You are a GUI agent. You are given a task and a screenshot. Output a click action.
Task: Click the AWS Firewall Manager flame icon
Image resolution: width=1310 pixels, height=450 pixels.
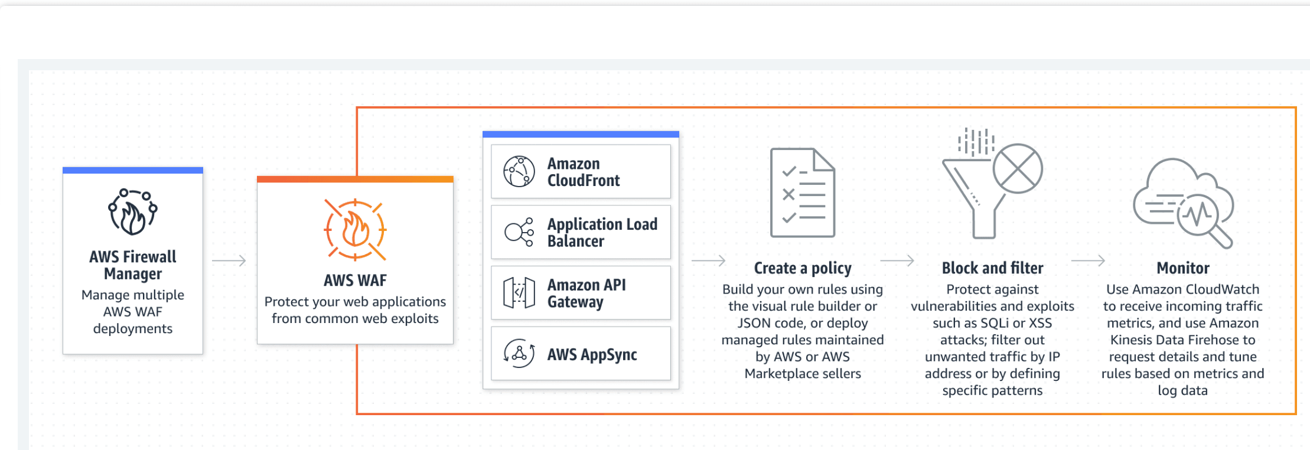(x=133, y=212)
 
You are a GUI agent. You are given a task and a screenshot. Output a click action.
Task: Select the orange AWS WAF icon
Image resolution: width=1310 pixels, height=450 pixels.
(x=355, y=230)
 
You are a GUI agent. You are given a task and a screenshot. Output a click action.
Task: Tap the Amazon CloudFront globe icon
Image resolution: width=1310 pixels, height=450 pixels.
(x=519, y=171)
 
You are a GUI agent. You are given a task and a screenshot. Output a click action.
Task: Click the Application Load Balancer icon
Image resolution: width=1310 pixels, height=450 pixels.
(x=519, y=231)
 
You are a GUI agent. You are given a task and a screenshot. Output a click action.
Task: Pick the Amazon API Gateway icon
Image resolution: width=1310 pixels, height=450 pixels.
(x=519, y=293)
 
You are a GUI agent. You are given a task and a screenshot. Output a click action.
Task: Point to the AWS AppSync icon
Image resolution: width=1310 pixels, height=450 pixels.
(x=519, y=353)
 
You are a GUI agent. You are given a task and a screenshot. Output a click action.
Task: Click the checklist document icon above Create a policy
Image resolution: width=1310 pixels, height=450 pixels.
(x=803, y=193)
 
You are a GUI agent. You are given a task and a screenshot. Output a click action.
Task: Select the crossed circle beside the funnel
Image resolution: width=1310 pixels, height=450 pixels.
(x=1018, y=168)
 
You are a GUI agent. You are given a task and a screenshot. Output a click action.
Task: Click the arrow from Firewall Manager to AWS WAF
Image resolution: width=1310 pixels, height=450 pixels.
(x=229, y=260)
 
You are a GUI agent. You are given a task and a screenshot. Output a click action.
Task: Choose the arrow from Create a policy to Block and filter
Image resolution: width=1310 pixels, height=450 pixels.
(x=897, y=260)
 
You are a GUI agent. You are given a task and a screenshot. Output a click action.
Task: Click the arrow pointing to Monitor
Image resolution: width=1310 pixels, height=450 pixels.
(x=1088, y=260)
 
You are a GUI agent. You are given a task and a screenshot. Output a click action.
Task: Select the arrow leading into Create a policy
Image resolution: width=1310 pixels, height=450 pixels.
(x=708, y=260)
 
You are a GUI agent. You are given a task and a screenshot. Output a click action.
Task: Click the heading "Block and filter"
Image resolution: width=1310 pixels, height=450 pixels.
(x=992, y=268)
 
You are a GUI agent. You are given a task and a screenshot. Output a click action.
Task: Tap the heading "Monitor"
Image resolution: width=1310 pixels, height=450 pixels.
(x=1183, y=268)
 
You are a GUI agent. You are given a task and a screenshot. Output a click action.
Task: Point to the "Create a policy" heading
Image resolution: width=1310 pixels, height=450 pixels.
(x=803, y=269)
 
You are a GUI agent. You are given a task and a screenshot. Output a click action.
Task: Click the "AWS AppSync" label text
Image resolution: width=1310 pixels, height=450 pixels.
(x=592, y=354)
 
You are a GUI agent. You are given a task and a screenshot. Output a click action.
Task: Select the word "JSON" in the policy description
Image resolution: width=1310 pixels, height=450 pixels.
(x=754, y=323)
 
